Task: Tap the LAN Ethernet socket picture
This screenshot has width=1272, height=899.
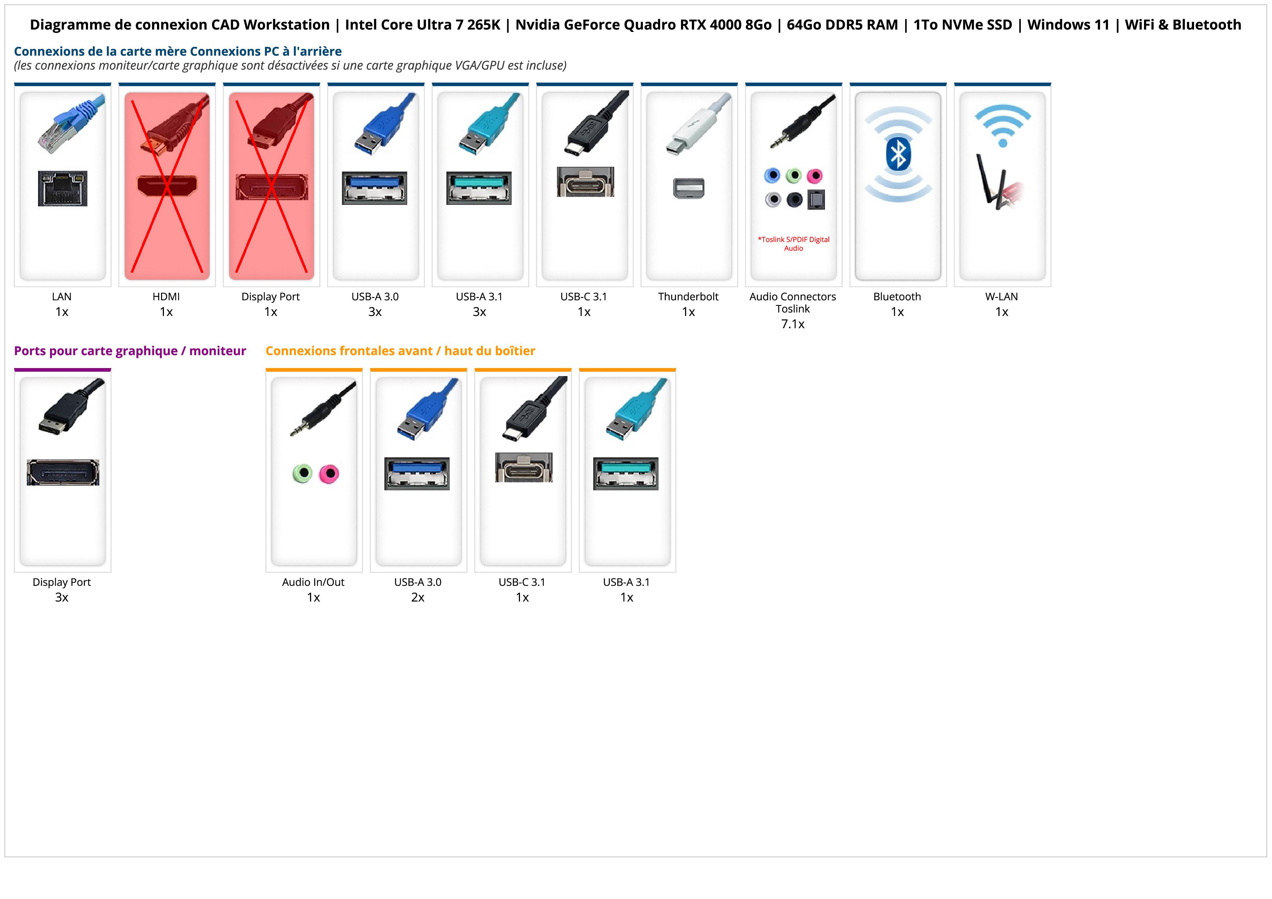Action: click(63, 188)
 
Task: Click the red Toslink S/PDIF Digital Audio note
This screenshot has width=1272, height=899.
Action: click(793, 244)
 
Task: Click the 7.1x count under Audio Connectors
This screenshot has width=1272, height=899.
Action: click(793, 324)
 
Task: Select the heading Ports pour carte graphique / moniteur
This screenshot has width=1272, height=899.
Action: click(130, 351)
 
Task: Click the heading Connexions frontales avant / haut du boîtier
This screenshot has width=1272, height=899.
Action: click(400, 351)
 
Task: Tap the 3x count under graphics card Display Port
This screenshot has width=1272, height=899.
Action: click(62, 597)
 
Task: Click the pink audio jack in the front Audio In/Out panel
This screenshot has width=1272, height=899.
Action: click(330, 474)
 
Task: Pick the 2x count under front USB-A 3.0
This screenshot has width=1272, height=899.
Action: click(418, 597)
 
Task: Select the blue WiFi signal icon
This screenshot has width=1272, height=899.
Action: click(1003, 125)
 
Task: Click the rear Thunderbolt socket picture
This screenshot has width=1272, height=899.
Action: click(689, 188)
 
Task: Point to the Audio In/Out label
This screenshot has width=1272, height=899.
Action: click(313, 582)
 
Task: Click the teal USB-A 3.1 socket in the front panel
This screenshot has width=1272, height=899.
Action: click(626, 474)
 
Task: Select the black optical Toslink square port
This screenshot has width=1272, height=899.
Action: click(816, 200)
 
